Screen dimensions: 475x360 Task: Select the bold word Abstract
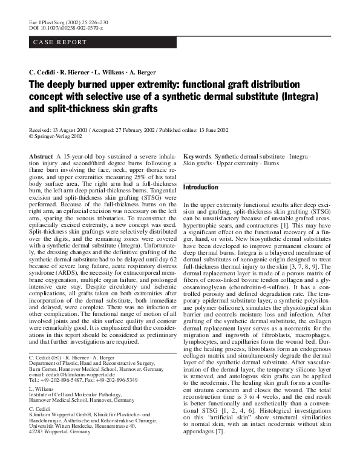point(41,156)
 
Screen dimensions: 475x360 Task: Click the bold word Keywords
point(197,156)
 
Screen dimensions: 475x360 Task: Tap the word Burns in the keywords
point(271,163)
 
